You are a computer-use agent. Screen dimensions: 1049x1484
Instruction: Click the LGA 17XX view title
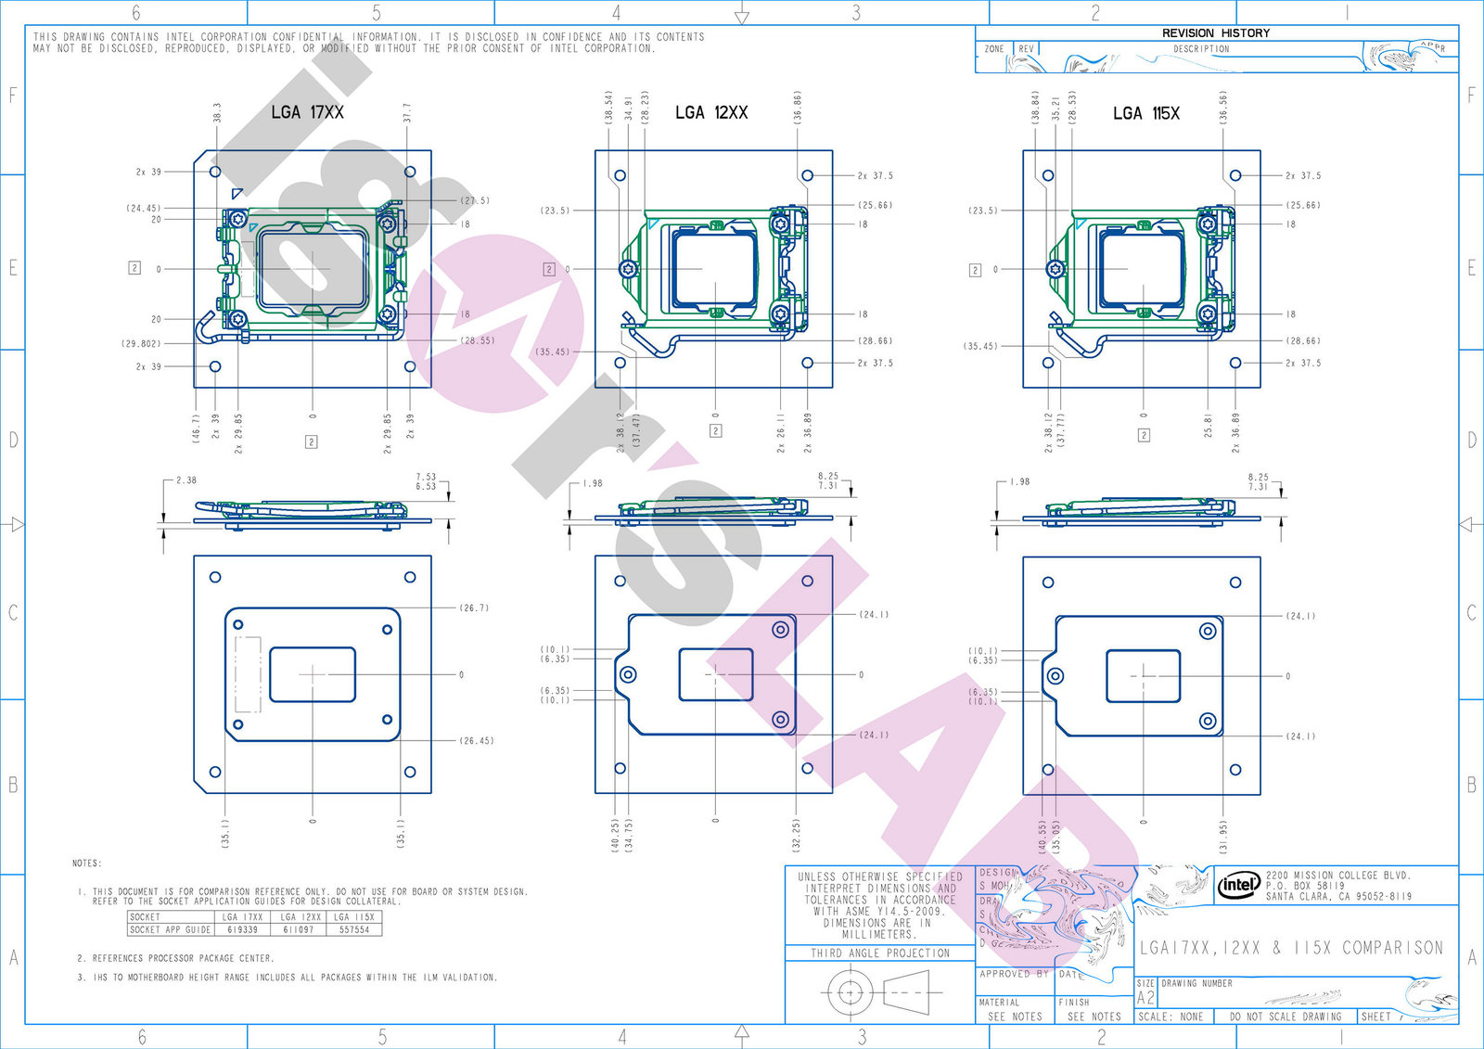(307, 112)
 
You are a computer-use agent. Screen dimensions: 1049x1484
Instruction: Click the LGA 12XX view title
(711, 112)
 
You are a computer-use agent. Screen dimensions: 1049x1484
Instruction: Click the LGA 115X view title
(1146, 113)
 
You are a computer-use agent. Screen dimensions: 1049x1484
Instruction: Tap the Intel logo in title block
(1239, 885)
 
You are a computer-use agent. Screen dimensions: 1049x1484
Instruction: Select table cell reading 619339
(242, 928)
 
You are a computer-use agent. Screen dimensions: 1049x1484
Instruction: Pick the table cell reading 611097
(301, 928)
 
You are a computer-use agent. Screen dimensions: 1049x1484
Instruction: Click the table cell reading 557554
(353, 928)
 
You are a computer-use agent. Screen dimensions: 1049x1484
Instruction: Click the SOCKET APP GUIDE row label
(170, 928)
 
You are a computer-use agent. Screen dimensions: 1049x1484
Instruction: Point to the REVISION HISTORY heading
(1215, 32)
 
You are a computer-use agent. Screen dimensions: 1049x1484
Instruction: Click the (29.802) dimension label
(141, 343)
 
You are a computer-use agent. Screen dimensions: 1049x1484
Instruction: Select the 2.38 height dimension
(186, 480)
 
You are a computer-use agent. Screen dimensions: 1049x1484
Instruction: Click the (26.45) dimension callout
(477, 741)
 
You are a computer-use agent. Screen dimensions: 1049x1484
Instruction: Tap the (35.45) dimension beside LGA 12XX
(553, 352)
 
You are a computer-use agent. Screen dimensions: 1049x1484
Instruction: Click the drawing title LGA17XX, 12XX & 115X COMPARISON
(1291, 948)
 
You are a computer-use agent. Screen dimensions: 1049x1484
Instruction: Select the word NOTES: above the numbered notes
(87, 864)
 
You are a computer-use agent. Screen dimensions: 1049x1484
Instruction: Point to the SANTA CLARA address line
(1338, 897)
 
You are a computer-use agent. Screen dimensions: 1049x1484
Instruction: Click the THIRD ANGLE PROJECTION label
(880, 953)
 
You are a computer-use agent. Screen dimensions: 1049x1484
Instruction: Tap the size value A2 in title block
(1145, 998)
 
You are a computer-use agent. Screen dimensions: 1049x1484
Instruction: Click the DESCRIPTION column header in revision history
(1200, 49)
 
